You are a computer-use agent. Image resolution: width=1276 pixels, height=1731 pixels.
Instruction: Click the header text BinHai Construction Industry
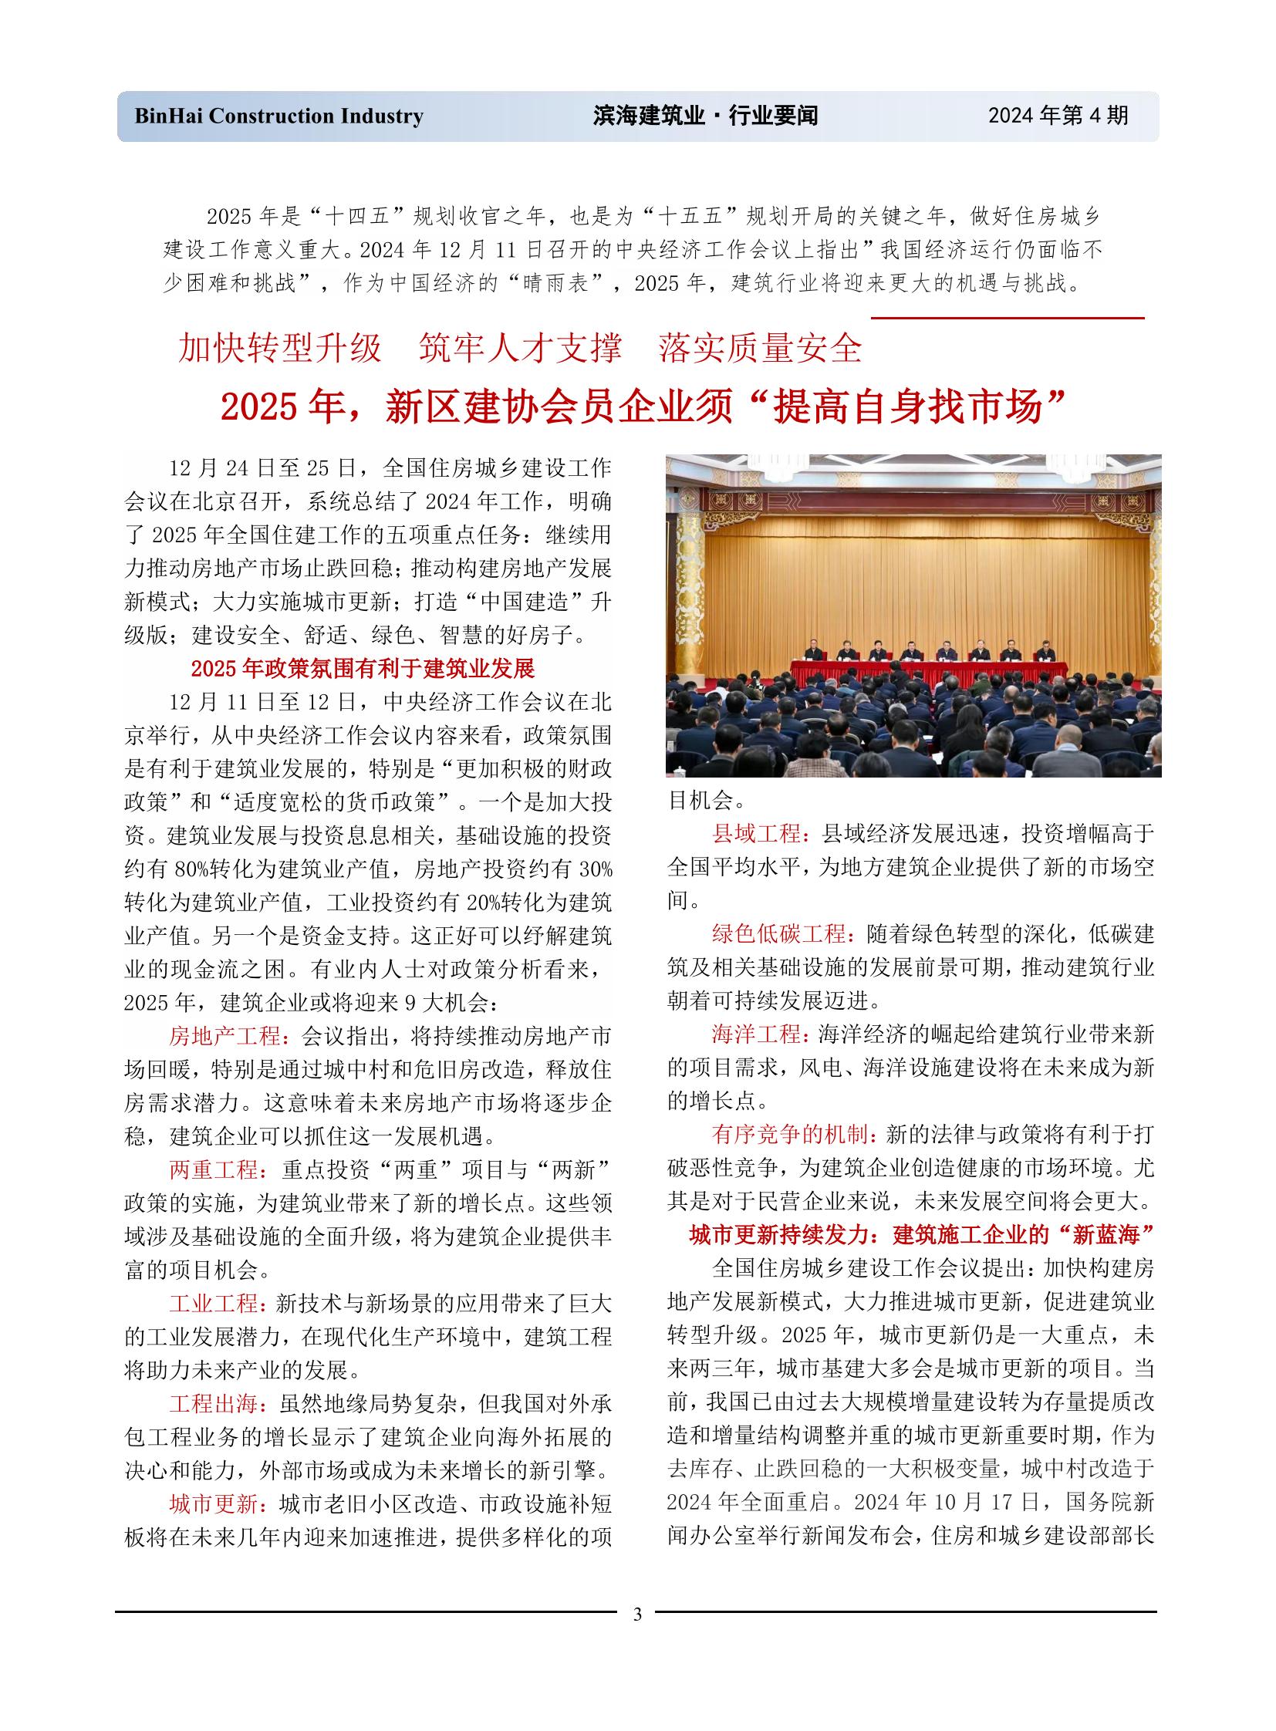[278, 116]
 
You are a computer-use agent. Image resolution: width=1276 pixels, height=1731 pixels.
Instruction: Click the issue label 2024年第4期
[1058, 115]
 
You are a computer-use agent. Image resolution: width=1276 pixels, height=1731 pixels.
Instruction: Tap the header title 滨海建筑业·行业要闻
[705, 116]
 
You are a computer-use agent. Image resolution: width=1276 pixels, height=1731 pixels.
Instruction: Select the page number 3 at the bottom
[637, 1615]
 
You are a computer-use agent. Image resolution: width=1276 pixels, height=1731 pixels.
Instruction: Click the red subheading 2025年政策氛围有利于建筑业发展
[363, 668]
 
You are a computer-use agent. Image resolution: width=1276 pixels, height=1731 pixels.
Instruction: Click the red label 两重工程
[213, 1169]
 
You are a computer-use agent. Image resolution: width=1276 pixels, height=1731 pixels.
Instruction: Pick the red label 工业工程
[213, 1303]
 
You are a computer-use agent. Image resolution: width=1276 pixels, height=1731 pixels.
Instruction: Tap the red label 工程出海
[213, 1403]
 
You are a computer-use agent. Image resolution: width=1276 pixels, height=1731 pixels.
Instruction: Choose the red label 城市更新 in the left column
[213, 1503]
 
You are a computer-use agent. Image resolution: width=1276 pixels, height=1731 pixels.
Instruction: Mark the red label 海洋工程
[756, 1034]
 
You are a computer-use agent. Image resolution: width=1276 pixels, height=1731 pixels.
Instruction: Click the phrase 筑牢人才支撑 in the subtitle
[520, 348]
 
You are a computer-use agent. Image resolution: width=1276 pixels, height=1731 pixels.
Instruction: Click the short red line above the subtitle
[1008, 318]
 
